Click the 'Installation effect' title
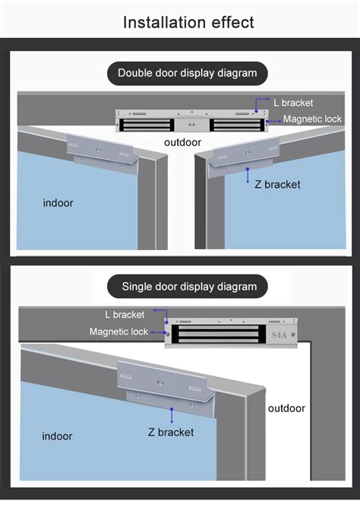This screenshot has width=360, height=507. (x=188, y=22)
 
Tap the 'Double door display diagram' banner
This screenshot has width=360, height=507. (x=188, y=74)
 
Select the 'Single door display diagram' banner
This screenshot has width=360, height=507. (x=188, y=287)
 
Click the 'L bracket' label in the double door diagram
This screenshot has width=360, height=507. (x=293, y=103)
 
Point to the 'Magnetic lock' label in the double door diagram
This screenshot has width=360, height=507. (x=312, y=119)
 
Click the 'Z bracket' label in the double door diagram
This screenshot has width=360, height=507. (x=277, y=184)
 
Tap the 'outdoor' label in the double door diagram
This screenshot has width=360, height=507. (x=182, y=142)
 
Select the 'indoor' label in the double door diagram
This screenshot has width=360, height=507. (x=58, y=203)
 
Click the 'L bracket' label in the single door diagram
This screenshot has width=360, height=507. (x=125, y=315)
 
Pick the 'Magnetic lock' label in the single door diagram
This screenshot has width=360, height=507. (x=118, y=331)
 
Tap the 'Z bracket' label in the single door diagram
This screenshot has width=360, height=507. (x=171, y=433)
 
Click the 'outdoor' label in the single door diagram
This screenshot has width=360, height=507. (x=286, y=408)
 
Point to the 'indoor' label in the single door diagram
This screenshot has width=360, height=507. (x=57, y=436)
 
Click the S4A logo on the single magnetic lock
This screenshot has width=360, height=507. (x=279, y=335)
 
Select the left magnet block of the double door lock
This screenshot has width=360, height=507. (x=145, y=125)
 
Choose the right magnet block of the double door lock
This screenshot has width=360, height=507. (x=237, y=125)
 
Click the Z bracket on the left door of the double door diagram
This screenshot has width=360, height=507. (x=103, y=154)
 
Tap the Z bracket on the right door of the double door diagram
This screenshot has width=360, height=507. (x=243, y=157)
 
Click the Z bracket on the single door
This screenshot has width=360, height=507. (x=166, y=387)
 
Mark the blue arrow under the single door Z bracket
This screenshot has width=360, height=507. (x=172, y=416)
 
